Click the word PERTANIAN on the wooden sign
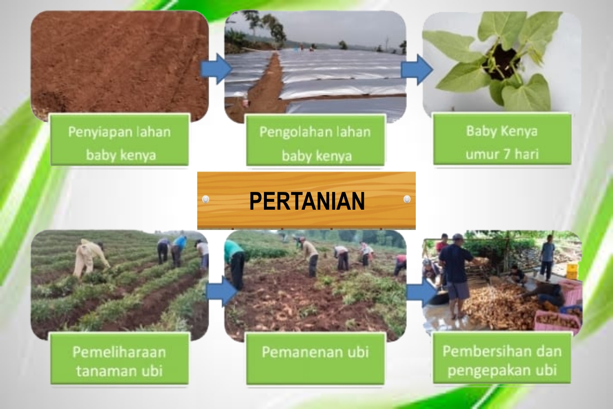click(x=307, y=201)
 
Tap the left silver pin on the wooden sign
click(x=206, y=199)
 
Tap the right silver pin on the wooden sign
click(x=407, y=199)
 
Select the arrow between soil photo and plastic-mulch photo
click(x=216, y=69)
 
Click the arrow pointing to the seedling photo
click(x=417, y=70)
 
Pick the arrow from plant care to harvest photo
click(x=222, y=291)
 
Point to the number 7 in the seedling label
click(x=507, y=154)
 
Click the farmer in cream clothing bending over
click(x=90, y=258)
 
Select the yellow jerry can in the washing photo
click(x=572, y=271)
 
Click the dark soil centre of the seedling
click(x=501, y=62)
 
